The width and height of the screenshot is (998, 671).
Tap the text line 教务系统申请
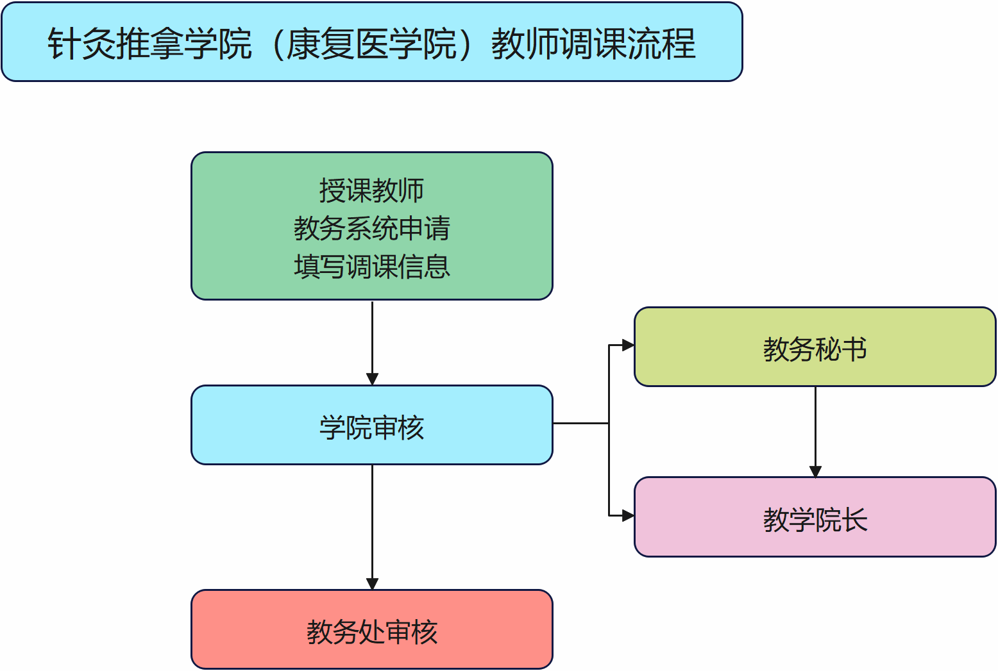pos(372,228)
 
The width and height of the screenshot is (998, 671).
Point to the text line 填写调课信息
pos(372,267)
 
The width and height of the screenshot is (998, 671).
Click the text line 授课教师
pos(372,190)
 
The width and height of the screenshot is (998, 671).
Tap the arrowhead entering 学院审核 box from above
pos(372,379)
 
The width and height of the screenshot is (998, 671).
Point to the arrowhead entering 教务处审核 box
pos(372,584)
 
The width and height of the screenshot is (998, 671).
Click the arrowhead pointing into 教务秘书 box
pos(628,345)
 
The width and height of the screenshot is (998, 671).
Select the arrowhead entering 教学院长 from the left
pos(628,515)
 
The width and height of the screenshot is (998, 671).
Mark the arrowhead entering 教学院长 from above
pos(815,472)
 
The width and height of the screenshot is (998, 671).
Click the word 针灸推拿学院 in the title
pos(149,44)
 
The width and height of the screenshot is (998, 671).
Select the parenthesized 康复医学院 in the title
pos(371,44)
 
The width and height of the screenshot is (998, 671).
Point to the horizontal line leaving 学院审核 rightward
pos(580,423)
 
